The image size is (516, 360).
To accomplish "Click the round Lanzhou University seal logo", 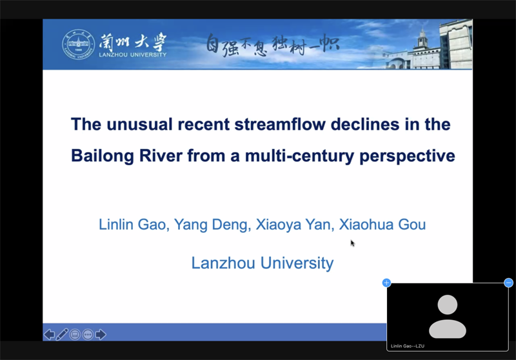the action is tap(78, 45).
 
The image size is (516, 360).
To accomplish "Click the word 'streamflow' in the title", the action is tap(280, 125).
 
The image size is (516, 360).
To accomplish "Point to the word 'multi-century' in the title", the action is tap(299, 156).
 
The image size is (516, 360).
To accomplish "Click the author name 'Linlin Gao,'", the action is tap(134, 225).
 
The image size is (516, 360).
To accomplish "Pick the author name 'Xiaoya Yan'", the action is tap(293, 225).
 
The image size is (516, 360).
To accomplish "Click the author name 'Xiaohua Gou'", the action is tap(382, 225).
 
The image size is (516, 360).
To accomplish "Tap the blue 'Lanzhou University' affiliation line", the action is tap(263, 263).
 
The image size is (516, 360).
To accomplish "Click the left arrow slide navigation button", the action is tap(50, 334).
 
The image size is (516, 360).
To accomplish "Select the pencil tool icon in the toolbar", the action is tap(62, 334).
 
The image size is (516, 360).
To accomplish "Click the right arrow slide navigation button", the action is tap(101, 334).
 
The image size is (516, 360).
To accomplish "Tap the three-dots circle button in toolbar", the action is tap(88, 335).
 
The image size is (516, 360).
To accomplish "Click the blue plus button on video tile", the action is tap(386, 283).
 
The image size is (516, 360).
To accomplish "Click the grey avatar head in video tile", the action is tap(447, 305).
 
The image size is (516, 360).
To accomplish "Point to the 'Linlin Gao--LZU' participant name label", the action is tap(408, 346).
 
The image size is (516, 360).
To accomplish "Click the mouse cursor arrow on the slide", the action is tap(352, 243).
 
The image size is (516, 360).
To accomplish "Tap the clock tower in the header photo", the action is tap(422, 37).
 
